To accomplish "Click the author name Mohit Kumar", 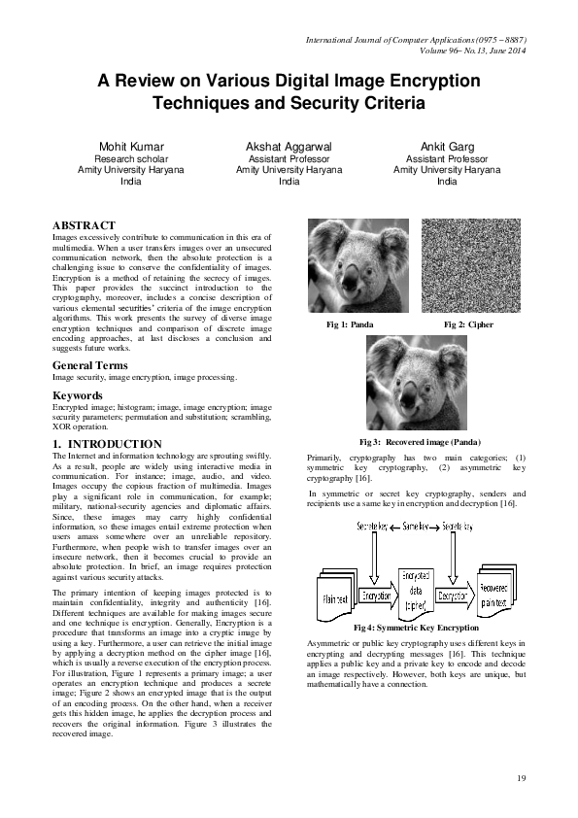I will (x=131, y=146).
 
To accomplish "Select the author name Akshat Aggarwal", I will (x=289, y=146).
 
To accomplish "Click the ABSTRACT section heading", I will (x=84, y=224).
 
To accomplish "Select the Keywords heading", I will (x=77, y=396).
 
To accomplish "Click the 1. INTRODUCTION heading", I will (x=107, y=444).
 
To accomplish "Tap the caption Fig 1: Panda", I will (x=350, y=324).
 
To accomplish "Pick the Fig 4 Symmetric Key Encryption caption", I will (x=417, y=628).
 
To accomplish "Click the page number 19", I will (x=521, y=778).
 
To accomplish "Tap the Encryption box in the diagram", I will (x=375, y=595).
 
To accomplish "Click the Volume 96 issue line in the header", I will (x=473, y=50).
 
